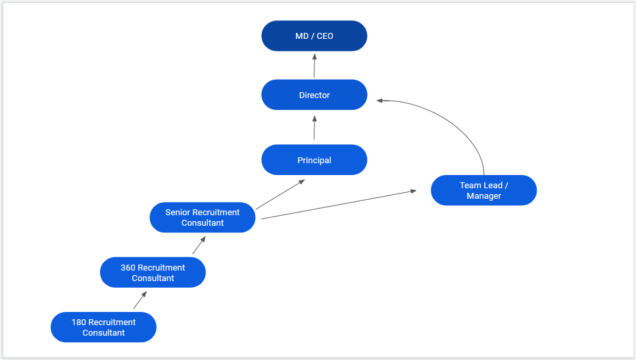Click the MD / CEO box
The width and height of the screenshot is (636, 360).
click(x=314, y=36)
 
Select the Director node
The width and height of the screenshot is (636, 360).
click(x=314, y=95)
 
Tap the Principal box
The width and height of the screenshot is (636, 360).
click(x=314, y=160)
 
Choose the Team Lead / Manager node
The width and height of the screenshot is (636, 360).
click(x=483, y=190)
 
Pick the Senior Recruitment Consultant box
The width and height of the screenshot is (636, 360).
click(x=203, y=217)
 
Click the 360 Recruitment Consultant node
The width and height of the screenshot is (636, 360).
click(x=153, y=272)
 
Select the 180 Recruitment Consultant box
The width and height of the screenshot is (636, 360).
click(x=103, y=327)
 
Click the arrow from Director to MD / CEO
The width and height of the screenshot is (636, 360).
click(x=314, y=66)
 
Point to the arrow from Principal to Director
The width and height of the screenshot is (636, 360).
click(x=314, y=128)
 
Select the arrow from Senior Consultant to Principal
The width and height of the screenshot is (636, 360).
click(x=280, y=194)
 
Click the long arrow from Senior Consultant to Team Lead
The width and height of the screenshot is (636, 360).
click(x=339, y=204)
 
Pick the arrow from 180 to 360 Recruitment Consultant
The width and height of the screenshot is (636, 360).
click(x=139, y=301)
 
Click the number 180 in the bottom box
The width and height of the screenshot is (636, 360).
click(x=79, y=322)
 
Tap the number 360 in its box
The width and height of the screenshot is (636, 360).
click(x=128, y=268)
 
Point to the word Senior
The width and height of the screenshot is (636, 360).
click(x=178, y=213)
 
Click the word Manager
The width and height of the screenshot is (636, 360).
click(x=483, y=196)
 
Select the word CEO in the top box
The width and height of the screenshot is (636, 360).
click(x=325, y=36)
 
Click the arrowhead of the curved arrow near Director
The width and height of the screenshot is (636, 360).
click(x=380, y=101)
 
